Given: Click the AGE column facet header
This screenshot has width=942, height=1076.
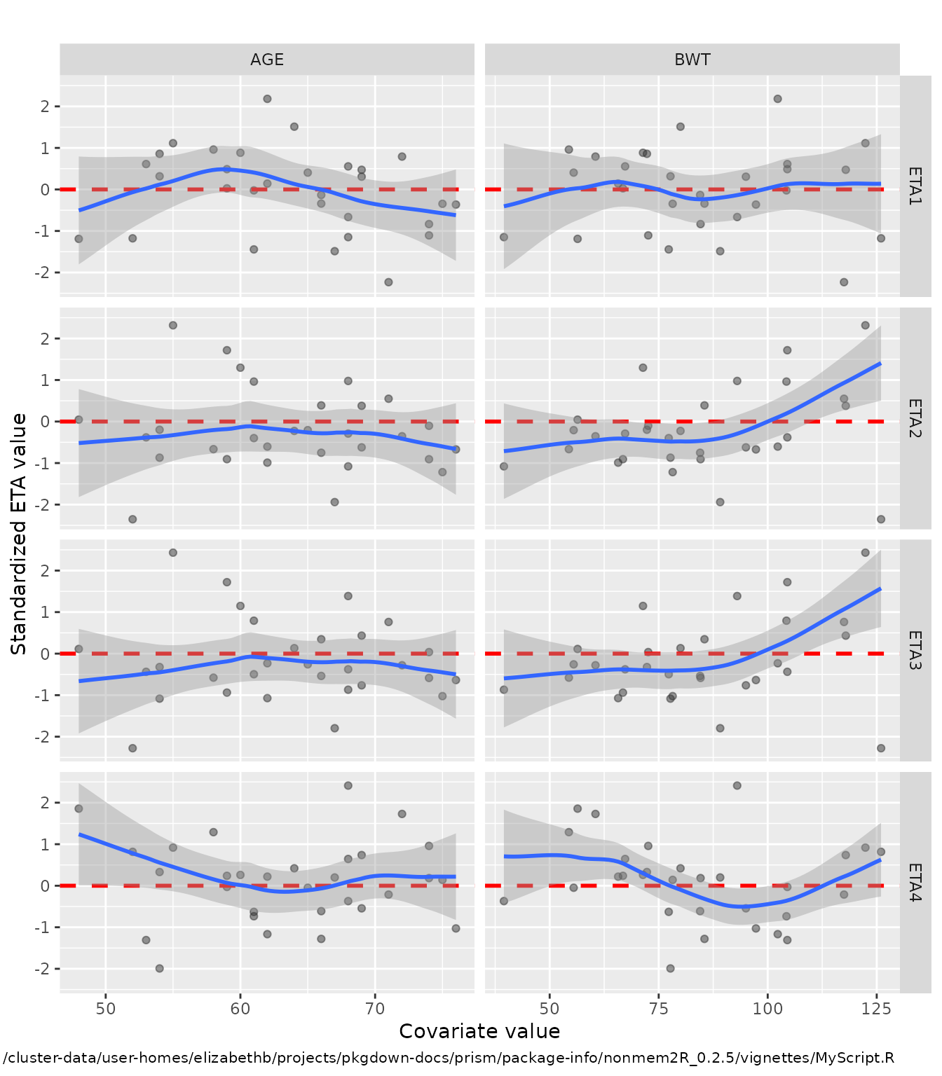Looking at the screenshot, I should (267, 60).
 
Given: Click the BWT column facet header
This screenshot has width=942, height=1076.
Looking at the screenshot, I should (692, 60).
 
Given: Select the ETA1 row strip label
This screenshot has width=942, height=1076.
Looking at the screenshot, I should (915, 186).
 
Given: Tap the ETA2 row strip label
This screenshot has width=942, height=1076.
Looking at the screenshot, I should (915, 418).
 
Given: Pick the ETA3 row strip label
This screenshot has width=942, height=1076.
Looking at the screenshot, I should (915, 650).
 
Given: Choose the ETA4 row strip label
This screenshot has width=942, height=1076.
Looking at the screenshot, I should (915, 882).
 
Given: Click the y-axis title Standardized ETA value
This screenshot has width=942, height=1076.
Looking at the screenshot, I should (19, 534).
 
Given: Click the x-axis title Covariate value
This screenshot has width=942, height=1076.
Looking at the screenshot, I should (479, 1031).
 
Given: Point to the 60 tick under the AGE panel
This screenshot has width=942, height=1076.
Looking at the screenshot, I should (240, 1009).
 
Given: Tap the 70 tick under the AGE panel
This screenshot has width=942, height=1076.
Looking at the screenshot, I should (375, 1009).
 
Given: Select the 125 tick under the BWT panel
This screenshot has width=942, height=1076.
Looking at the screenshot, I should (877, 1009).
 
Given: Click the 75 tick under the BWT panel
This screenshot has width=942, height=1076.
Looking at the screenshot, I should (659, 1009).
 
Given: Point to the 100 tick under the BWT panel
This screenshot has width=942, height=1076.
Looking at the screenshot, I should (768, 1009).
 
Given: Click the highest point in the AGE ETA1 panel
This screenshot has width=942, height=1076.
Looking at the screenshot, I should (267, 99).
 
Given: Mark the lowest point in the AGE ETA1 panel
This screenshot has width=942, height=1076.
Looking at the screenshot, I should (388, 282).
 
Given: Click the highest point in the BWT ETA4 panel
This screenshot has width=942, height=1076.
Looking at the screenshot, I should (737, 786).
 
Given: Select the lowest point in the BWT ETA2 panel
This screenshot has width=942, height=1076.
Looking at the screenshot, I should (881, 519).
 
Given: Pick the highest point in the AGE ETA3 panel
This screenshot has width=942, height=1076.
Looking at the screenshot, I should (173, 553).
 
